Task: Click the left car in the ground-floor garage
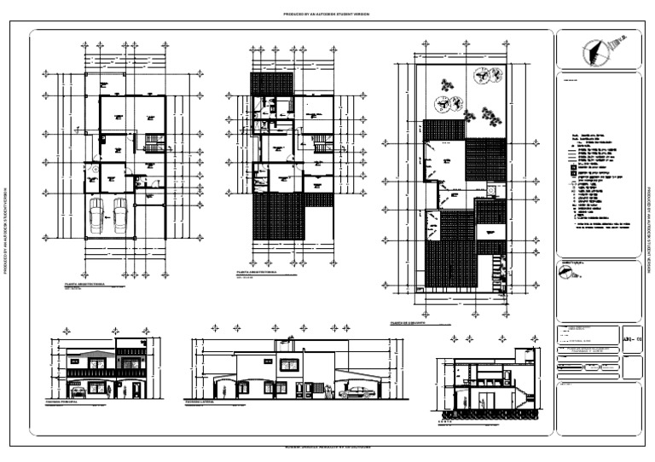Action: pos(96,214)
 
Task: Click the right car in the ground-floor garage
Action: pos(120,214)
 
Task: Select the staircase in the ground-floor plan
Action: pos(153,142)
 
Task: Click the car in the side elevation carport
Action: pos(356,392)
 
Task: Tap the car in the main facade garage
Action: pos(78,392)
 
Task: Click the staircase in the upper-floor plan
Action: pos(319,142)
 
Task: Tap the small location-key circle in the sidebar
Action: pos(565,272)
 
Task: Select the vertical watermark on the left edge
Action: pos(7,231)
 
